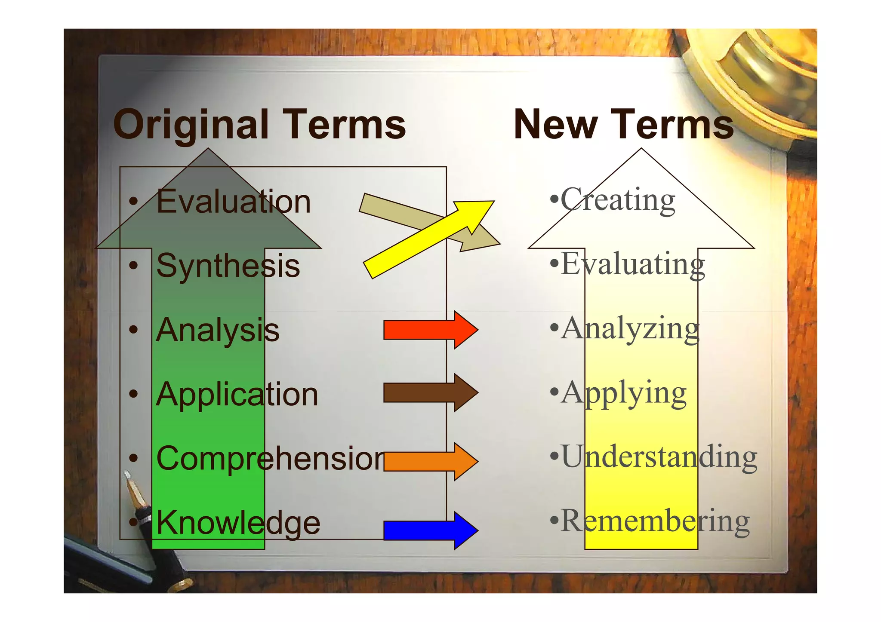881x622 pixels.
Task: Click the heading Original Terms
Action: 259,125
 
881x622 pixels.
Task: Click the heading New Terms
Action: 623,125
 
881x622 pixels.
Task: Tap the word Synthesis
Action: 228,266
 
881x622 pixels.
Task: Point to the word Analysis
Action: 217,330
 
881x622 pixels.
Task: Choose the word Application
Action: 237,394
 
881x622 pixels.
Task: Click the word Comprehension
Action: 271,458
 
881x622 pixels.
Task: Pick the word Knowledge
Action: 238,523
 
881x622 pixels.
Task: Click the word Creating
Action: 618,199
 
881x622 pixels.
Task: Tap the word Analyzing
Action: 630,328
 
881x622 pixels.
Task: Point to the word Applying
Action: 624,392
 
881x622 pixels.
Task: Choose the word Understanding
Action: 659,457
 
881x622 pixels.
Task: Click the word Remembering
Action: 655,521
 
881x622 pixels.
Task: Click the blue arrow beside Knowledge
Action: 430,530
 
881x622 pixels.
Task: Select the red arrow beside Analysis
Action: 430,330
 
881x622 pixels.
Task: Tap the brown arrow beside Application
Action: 430,393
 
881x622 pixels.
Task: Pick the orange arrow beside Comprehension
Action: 430,461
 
